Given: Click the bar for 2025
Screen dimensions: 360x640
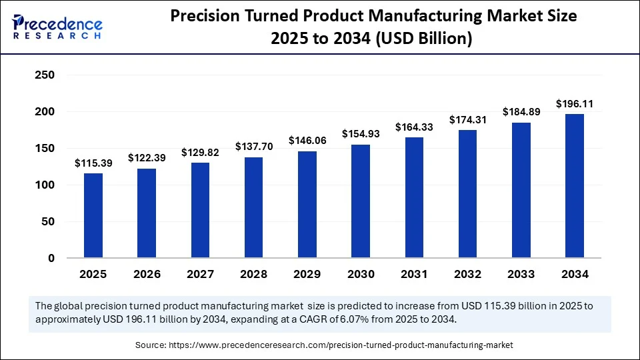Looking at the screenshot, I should click(93, 215).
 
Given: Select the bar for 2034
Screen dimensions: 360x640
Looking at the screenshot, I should click(574, 186).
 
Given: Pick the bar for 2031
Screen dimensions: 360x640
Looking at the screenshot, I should click(414, 197).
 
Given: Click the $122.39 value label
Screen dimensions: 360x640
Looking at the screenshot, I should click(147, 158).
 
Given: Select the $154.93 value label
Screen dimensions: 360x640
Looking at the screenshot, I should click(361, 134).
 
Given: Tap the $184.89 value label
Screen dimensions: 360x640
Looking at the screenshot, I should click(521, 112).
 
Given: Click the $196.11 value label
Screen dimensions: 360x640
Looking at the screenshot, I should click(574, 104).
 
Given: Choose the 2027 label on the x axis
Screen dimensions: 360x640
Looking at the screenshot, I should click(200, 274).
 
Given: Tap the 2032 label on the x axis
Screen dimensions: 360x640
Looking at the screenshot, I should click(467, 274).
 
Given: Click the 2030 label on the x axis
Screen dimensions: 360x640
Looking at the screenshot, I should click(361, 274).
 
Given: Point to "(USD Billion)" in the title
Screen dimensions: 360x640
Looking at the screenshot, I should click(425, 39).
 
